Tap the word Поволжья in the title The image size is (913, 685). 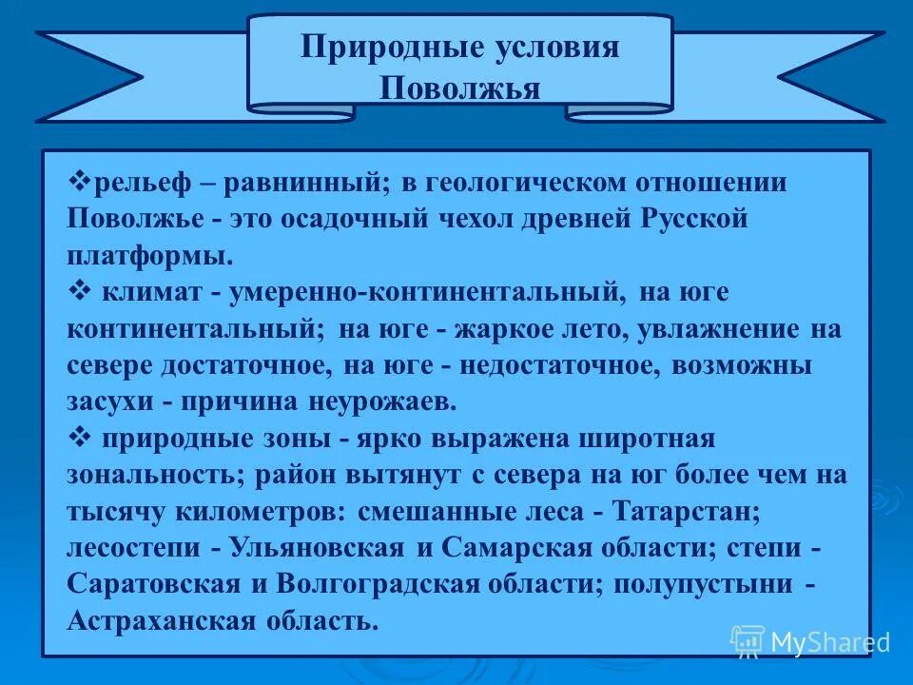pos(460,88)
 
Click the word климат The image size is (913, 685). pos(154,292)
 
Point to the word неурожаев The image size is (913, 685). pos(382,401)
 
